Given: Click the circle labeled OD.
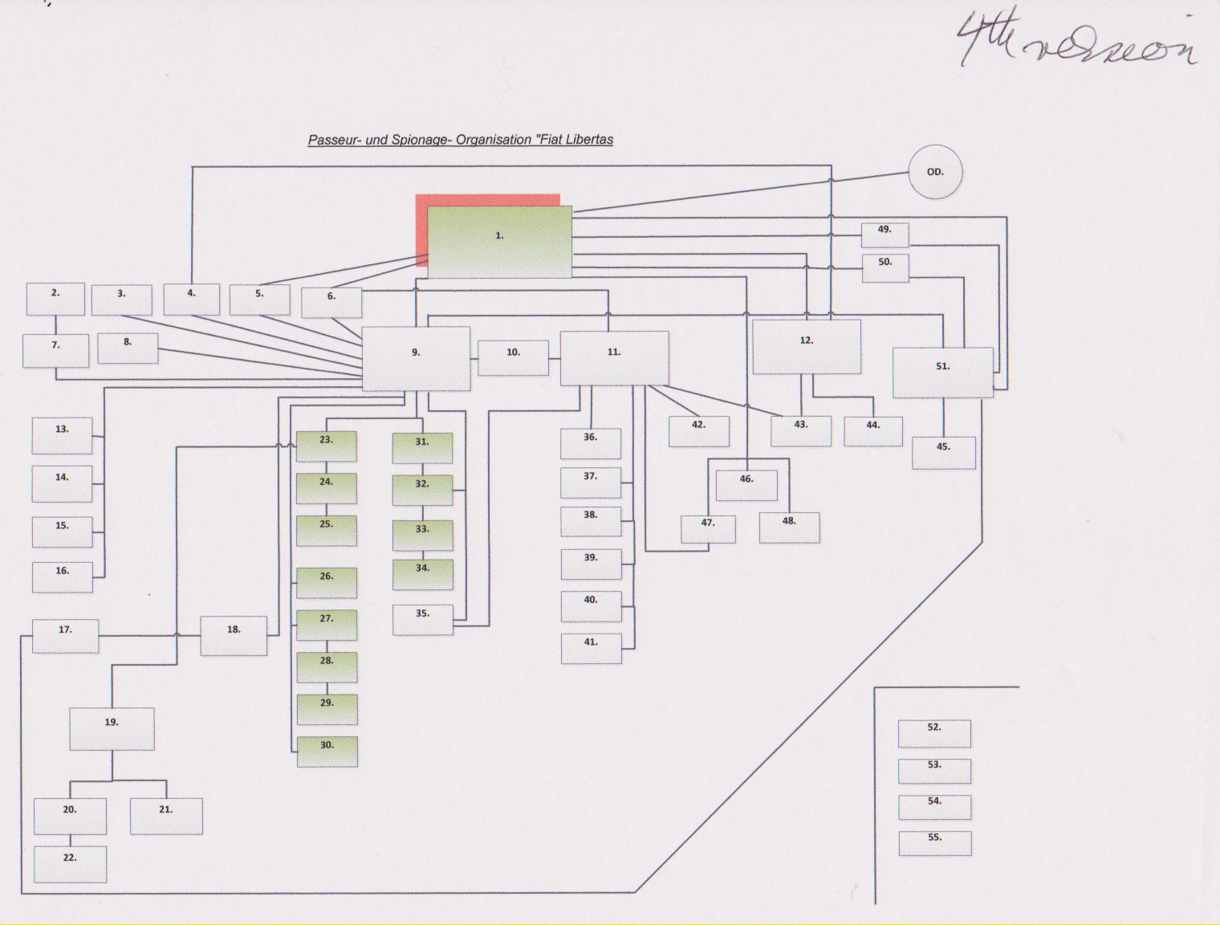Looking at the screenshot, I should [x=935, y=172].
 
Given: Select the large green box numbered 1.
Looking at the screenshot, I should [x=499, y=242].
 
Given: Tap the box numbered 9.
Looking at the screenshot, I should [x=416, y=358].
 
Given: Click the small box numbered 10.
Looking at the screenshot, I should [x=513, y=357].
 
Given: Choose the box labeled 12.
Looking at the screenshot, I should [x=807, y=346].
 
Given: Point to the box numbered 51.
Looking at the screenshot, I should [x=942, y=372].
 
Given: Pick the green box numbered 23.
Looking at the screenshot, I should [x=326, y=446].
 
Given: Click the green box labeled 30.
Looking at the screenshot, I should [x=327, y=751].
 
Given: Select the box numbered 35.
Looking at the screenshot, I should [x=423, y=619].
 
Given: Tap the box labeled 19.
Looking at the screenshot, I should [x=112, y=728].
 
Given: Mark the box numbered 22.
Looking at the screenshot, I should [x=70, y=863].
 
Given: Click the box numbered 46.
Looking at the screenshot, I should [x=746, y=485].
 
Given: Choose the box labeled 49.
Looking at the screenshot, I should [x=885, y=234].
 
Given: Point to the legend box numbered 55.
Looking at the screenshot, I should [x=934, y=842].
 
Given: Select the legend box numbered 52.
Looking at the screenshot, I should [x=934, y=732].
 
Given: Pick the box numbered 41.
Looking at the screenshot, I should [x=591, y=648].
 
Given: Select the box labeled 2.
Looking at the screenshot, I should [x=55, y=299].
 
